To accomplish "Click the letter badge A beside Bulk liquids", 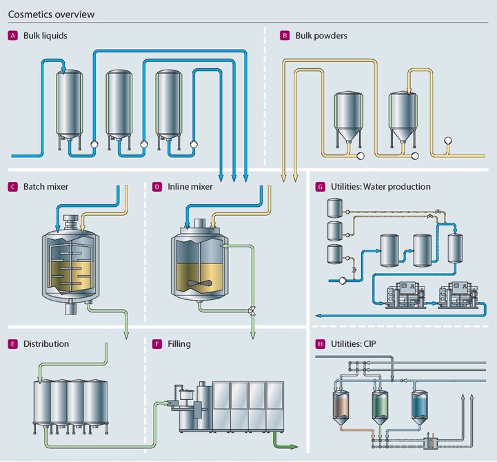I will click(x=12, y=35).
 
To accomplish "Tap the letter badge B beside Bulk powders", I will click(x=284, y=35).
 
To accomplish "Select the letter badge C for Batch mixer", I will click(x=12, y=187).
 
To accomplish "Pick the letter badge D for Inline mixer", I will click(x=156, y=187).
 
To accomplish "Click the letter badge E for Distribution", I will click(x=12, y=343).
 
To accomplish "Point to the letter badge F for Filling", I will click(x=156, y=343).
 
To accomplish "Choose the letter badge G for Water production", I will click(x=319, y=187).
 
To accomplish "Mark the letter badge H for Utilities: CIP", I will click(x=319, y=343).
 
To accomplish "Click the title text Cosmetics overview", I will click(x=51, y=14).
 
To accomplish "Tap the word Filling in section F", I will click(x=179, y=343).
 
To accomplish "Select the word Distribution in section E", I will click(x=46, y=343).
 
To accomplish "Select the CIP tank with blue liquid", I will click(x=419, y=404).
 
